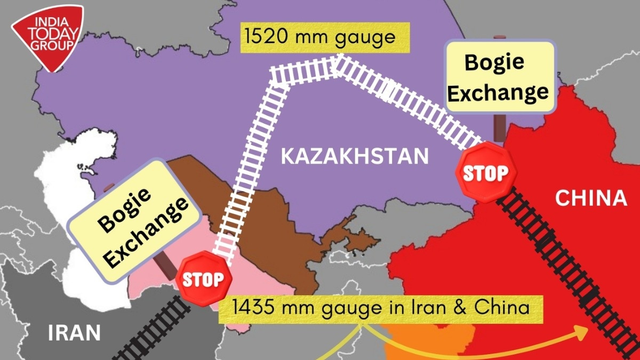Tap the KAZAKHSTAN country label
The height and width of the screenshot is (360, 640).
pyautogui.click(x=355, y=156)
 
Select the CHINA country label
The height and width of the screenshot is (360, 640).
pyautogui.click(x=590, y=198)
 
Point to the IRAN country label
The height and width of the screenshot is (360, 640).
pyautogui.click(x=74, y=333)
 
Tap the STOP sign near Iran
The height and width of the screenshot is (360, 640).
pyautogui.click(x=205, y=280)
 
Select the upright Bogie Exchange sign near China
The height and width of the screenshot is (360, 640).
pyautogui.click(x=499, y=77)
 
